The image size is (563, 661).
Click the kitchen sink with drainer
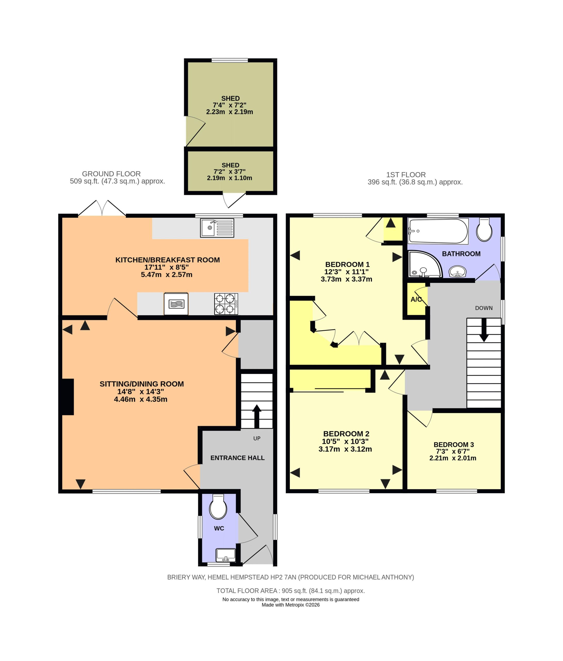[217, 228]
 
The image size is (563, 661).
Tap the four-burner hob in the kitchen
[226, 304]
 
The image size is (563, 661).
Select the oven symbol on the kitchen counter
[176, 304]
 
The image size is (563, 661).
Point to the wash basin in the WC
[226, 555]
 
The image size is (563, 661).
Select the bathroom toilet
[484, 229]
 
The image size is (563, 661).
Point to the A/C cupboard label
[416, 300]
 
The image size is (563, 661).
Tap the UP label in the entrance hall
[257, 438]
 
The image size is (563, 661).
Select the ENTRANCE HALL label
[237, 458]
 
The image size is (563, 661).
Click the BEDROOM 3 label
[454, 444]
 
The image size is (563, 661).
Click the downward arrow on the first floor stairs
[484, 330]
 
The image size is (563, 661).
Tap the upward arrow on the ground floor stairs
[257, 416]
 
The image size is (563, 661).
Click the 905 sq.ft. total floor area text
[291, 591]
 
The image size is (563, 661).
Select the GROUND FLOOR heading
[111, 174]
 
